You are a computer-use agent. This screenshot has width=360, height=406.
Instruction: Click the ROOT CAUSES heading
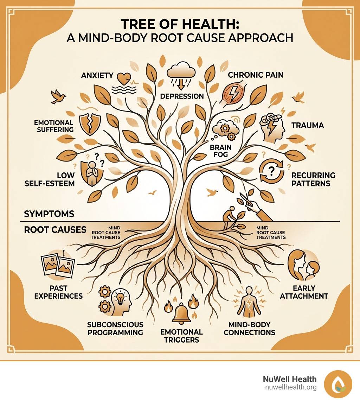coord(55,230)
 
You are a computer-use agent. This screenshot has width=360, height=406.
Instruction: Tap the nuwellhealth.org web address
coord(290,387)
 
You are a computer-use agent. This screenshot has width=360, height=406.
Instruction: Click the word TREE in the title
coord(140,25)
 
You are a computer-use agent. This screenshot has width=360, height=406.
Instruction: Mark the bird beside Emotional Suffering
coord(57,97)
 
